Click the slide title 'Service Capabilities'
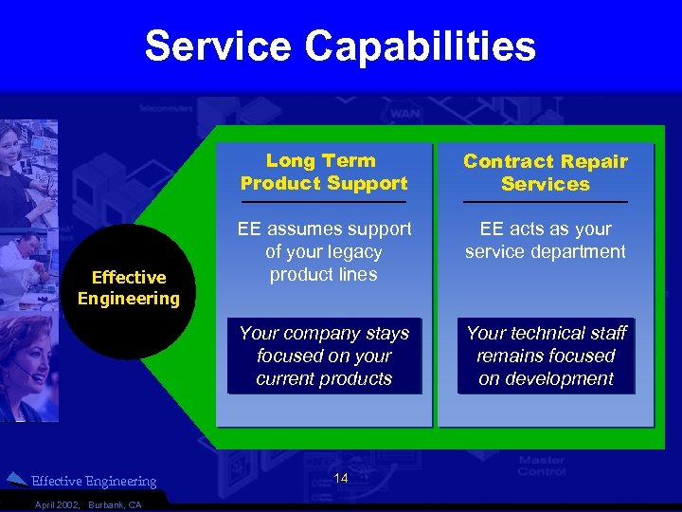click(340, 46)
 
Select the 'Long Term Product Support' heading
click(323, 173)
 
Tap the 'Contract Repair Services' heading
click(545, 173)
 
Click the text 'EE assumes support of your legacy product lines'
click(324, 252)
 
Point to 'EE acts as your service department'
click(545, 241)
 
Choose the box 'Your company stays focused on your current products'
click(324, 356)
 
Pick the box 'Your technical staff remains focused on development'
click(546, 356)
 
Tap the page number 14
click(342, 479)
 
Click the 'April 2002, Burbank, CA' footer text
click(87, 504)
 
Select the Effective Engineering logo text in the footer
click(94, 482)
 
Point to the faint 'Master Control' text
click(542, 466)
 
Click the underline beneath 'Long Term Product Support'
click(323, 202)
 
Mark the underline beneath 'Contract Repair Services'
click(545, 202)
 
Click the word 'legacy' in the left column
click(351, 252)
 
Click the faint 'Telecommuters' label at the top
click(165, 110)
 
